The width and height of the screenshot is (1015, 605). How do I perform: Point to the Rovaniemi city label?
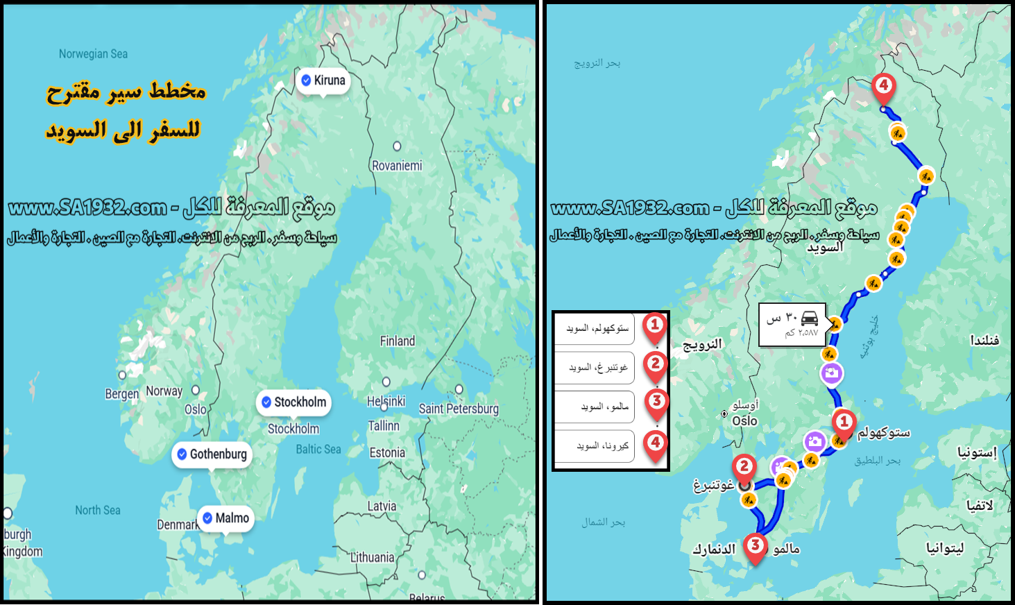coord(397,166)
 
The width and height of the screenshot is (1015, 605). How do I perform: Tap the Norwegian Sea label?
coord(93,54)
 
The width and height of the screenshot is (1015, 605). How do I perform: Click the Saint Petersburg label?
coord(459,409)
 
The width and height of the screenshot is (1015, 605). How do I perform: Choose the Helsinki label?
coord(386,401)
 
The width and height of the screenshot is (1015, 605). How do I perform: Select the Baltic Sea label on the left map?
coord(318,450)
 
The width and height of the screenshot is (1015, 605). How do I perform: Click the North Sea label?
coord(98,511)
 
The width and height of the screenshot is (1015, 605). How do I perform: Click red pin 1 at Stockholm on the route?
coord(844,423)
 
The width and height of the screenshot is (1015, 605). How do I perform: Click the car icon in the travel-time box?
coord(809,318)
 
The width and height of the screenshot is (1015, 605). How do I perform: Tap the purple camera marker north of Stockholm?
coord(831,373)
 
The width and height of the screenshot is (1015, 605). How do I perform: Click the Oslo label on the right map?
coord(744,420)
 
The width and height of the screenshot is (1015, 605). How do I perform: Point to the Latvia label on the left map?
coord(382,506)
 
